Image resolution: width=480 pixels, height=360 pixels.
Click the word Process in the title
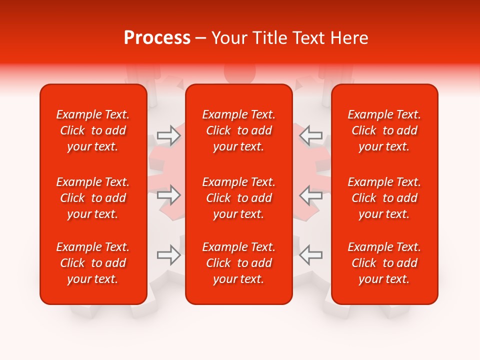tap(157, 38)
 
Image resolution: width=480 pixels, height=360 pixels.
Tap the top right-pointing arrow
tap(168, 135)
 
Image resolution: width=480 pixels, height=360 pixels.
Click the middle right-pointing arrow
tap(168, 195)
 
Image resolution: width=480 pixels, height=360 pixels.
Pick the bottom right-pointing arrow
tap(168, 255)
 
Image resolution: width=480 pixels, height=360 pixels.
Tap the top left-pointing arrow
tap(310, 135)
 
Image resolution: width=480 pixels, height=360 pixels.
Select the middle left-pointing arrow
tap(310, 195)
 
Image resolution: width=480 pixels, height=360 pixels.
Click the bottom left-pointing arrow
tap(310, 255)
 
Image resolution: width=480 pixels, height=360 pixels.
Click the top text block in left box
tap(93, 130)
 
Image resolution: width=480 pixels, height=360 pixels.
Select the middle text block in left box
tap(93, 198)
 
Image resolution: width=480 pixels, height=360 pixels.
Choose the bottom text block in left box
tap(93, 263)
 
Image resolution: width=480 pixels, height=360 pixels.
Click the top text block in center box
tap(239, 130)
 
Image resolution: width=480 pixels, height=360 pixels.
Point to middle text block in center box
tap(239, 198)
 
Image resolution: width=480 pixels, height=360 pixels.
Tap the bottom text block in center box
tap(239, 263)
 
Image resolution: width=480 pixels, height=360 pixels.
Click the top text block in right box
tap(384, 130)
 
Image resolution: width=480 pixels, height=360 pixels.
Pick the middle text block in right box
tap(384, 198)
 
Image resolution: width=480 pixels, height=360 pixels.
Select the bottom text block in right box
tap(384, 263)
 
